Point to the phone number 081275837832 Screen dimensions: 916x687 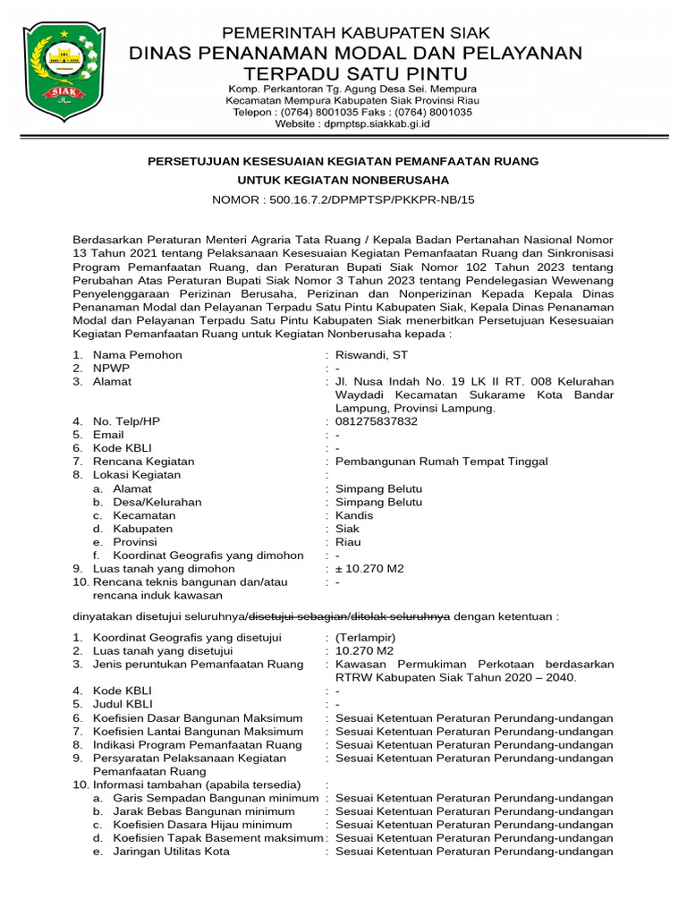point(376,421)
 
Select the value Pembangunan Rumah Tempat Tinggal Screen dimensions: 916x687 point(441,462)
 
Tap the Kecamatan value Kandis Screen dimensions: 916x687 point(354,515)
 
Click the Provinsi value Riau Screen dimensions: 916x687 point(348,542)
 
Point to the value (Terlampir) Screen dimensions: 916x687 point(359,637)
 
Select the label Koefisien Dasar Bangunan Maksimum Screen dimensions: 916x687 point(197,717)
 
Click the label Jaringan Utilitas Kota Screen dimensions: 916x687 point(171,852)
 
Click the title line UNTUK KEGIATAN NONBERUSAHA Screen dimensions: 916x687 point(343,181)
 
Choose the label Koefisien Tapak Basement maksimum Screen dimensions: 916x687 point(217,838)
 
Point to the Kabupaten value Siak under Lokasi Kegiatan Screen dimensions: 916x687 point(347,529)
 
